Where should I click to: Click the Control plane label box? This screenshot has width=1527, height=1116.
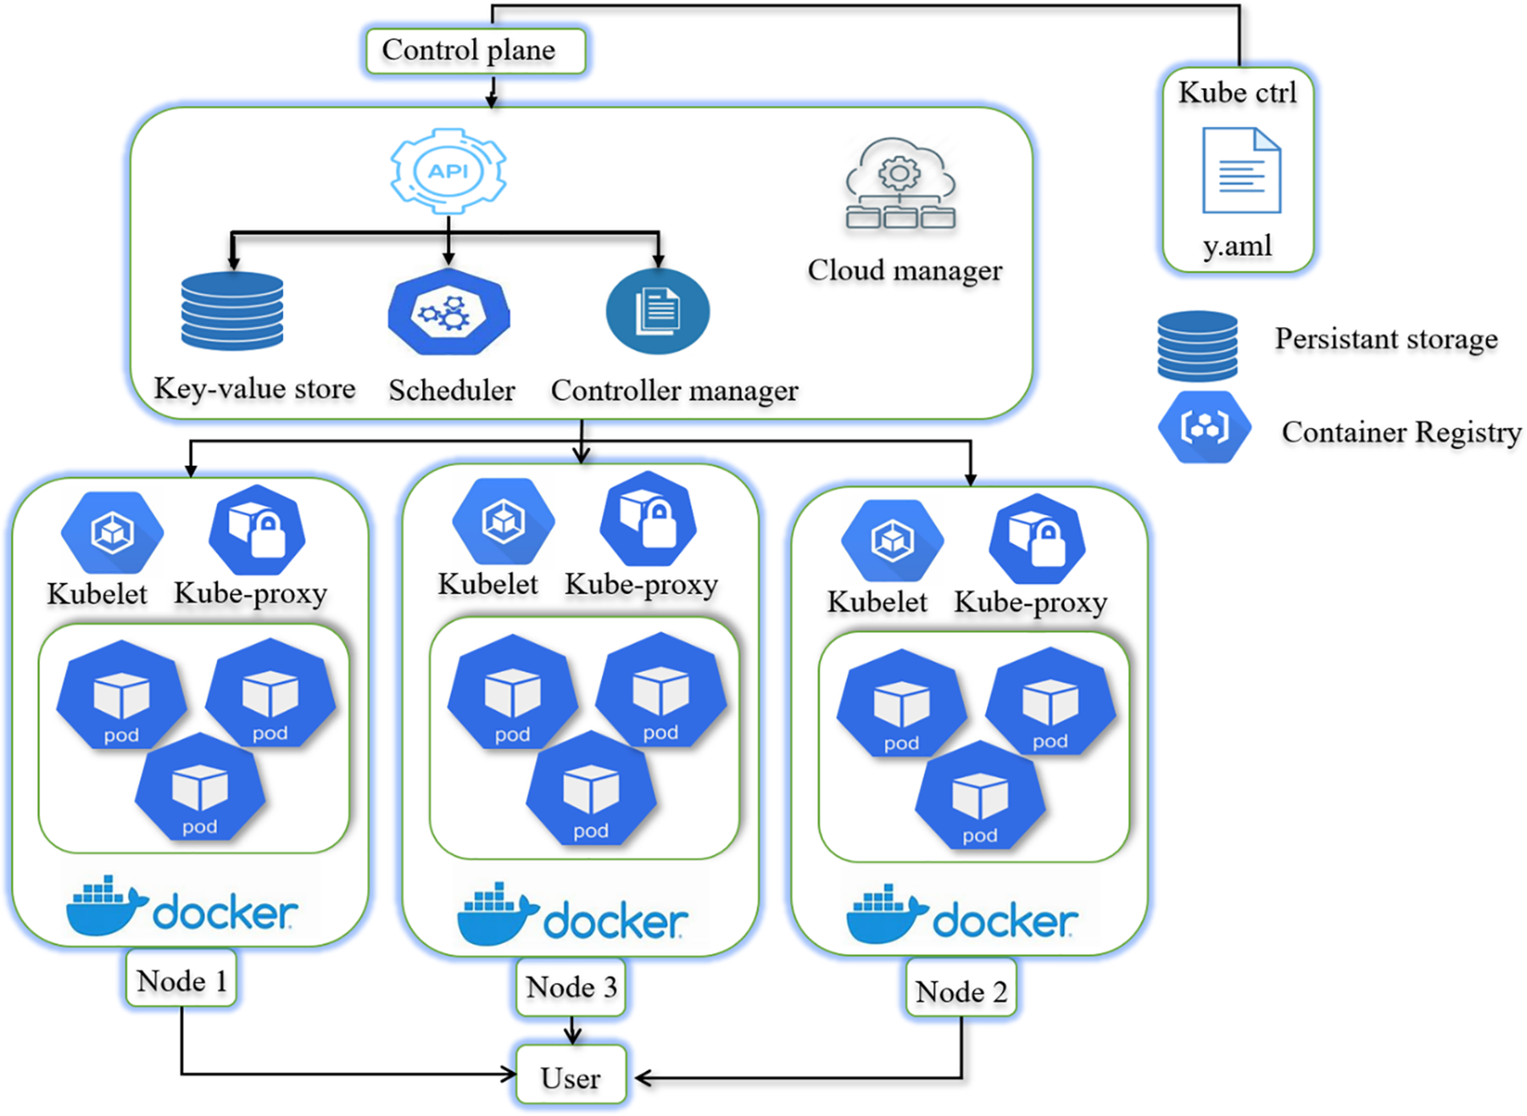click(475, 51)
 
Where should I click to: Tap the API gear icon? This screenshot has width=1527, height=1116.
click(448, 170)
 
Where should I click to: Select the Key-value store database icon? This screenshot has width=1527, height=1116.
click(232, 311)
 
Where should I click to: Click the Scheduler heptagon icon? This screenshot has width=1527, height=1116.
click(448, 312)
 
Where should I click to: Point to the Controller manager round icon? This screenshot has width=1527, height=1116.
click(657, 312)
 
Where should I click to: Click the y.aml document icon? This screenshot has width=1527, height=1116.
click(1241, 170)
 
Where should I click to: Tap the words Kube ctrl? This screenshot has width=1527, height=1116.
click(1237, 93)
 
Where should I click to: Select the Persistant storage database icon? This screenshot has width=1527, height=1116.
click(1197, 346)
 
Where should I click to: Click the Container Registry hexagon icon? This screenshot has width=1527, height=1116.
click(1204, 427)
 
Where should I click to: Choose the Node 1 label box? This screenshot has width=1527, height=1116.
click(182, 979)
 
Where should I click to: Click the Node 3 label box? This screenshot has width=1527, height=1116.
click(571, 987)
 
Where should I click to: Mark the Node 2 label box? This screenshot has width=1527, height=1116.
click(960, 991)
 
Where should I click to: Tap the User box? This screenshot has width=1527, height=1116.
click(571, 1077)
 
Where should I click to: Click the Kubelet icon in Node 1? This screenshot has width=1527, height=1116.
click(113, 532)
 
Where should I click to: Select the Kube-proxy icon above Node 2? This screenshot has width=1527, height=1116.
click(1037, 539)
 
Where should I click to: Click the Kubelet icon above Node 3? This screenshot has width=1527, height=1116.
click(503, 521)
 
